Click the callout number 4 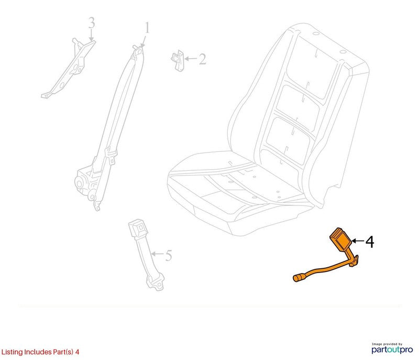(369, 242)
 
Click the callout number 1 (147, 28)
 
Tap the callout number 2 (202, 59)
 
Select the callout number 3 (92, 23)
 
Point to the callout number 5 (168, 255)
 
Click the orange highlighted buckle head (340, 240)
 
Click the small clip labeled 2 (178, 61)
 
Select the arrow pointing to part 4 (358, 241)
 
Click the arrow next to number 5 (158, 254)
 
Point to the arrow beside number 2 (191, 59)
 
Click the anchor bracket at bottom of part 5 (155, 282)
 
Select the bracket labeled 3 (69, 69)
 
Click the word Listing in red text (12, 352)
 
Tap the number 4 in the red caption (77, 352)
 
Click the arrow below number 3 (91, 35)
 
